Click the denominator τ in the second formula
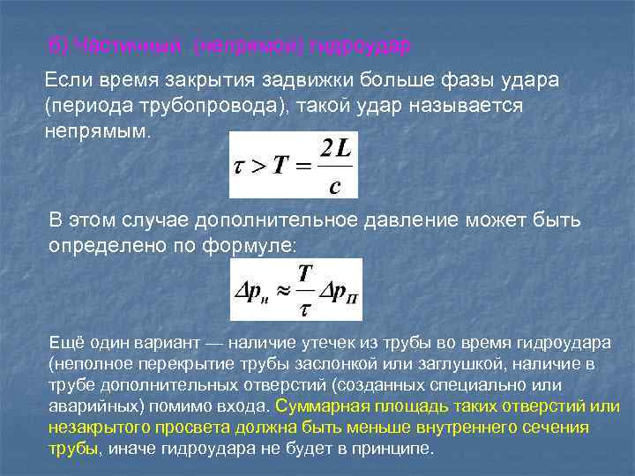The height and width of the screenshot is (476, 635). click(305, 308)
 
